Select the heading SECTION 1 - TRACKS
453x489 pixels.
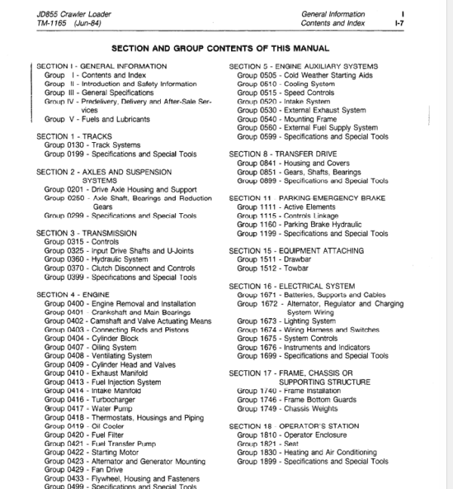coord(74,137)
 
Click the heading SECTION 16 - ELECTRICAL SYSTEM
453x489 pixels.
coord(291,286)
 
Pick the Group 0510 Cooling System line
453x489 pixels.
coord(294,84)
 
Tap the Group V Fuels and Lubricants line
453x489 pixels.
coord(97,119)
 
